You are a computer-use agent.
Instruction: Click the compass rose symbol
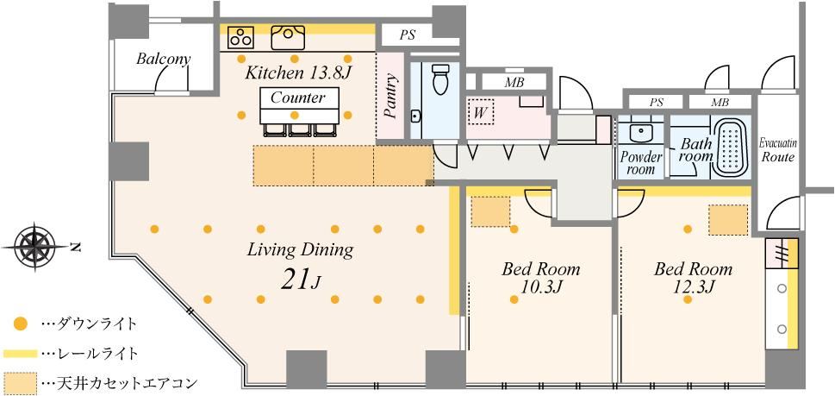(x=35, y=247)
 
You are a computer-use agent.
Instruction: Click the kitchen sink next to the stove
(x=288, y=37)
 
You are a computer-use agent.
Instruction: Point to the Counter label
(x=297, y=97)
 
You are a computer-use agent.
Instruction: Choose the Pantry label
(x=392, y=97)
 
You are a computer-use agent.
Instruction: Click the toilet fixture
(x=440, y=79)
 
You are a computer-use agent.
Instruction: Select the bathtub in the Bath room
(x=731, y=148)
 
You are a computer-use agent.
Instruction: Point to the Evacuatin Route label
(x=777, y=151)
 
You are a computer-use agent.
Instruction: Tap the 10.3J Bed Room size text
(x=541, y=286)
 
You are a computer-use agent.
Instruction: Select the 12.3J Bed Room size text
(x=693, y=286)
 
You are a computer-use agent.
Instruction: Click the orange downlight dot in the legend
(x=20, y=323)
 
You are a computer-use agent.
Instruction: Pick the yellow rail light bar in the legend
(x=20, y=353)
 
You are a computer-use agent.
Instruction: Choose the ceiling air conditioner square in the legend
(x=20, y=382)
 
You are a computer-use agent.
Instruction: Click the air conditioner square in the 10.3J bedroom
(x=491, y=211)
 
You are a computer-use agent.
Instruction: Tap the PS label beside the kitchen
(x=408, y=35)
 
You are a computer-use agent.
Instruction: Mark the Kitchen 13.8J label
(x=298, y=73)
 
